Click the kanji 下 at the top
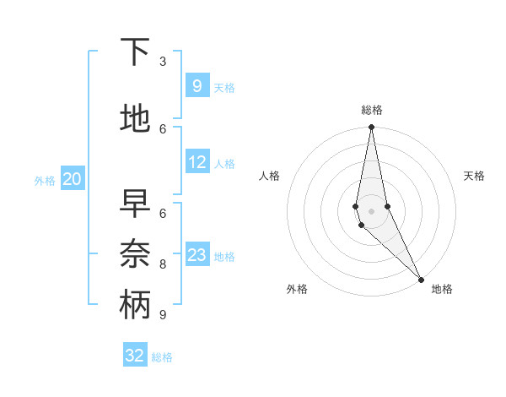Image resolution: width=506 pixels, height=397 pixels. click(135, 53)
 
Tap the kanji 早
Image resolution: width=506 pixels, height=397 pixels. click(135, 204)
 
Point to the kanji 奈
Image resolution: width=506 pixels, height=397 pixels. click(135, 253)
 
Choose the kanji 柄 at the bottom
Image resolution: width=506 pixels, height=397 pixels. click(135, 304)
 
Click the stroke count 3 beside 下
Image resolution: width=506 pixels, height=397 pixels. click(163, 62)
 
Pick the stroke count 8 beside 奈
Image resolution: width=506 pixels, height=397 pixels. click(163, 264)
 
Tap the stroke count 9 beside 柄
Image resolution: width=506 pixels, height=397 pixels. click(163, 314)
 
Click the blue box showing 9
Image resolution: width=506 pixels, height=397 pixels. click(196, 85)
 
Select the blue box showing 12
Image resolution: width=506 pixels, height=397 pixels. click(196, 162)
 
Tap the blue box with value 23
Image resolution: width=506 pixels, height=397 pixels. click(196, 255)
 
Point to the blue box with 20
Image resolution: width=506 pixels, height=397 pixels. click(72, 178)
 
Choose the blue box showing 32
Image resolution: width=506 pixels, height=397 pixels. click(135, 356)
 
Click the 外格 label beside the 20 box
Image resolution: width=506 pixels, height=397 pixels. click(45, 180)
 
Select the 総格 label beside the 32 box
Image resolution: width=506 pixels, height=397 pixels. click(162, 357)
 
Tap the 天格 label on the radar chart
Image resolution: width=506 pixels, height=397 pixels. click(475, 176)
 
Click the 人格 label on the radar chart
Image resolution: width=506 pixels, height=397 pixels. click(269, 176)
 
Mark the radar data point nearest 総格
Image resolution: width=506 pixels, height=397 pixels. click(371, 128)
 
